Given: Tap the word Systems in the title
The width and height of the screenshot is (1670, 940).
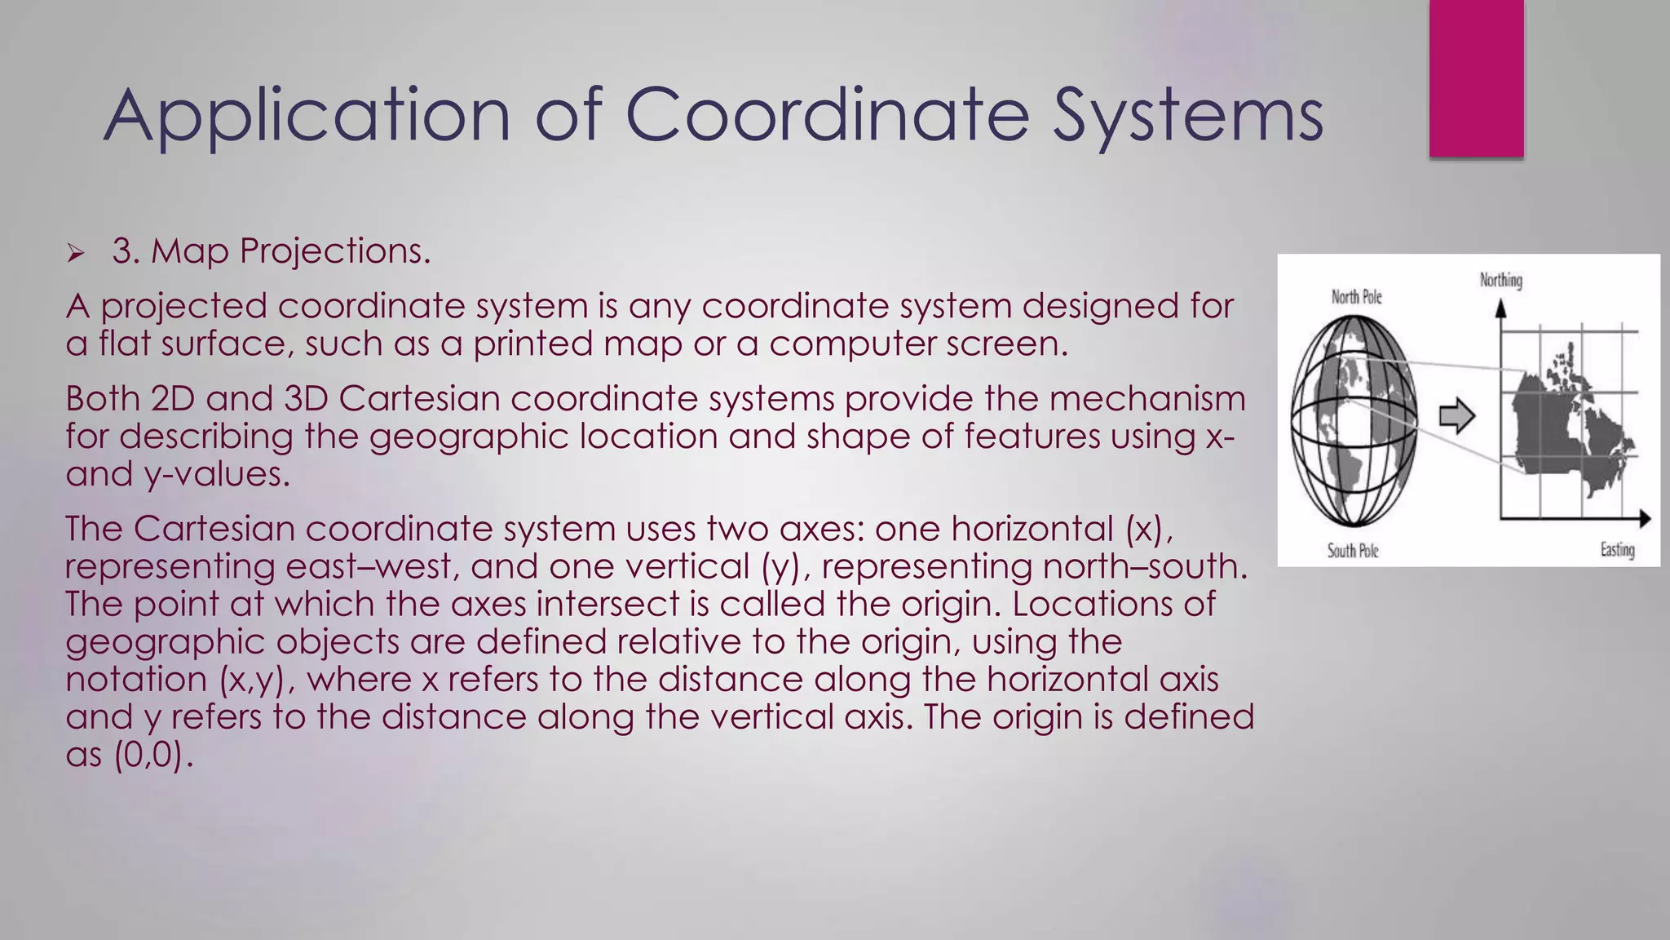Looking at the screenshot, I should pyautogui.click(x=1187, y=116).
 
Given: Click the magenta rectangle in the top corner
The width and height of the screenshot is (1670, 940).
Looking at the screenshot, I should pyautogui.click(x=1476, y=78).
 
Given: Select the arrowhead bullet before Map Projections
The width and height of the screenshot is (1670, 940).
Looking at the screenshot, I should pyautogui.click(x=76, y=254).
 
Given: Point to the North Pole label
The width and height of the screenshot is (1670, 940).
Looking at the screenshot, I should pyautogui.click(x=1356, y=297).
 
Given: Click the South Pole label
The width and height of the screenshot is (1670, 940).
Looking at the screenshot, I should pyautogui.click(x=1353, y=551).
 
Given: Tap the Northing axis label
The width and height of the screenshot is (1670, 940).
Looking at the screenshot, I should pyautogui.click(x=1500, y=281).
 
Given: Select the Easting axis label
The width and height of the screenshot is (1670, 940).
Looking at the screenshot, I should pyautogui.click(x=1617, y=550).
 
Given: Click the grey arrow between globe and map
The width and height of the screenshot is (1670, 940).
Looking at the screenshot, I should pyautogui.click(x=1456, y=416).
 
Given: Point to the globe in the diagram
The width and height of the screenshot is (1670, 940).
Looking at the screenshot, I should pyautogui.click(x=1353, y=420).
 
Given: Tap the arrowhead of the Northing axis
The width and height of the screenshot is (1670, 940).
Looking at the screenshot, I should pyautogui.click(x=1500, y=308).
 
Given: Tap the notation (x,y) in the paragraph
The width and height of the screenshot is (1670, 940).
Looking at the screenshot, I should pyautogui.click(x=255, y=680).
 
